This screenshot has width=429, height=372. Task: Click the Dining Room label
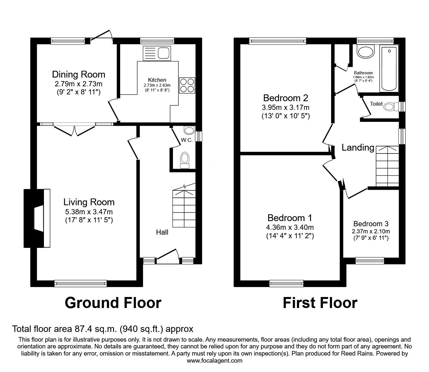click(x=78, y=74)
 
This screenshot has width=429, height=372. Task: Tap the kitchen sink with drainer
click(x=157, y=53)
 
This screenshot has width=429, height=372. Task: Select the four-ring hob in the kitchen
click(x=187, y=85)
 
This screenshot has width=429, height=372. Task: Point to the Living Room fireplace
click(x=37, y=218)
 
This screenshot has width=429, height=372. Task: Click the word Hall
click(x=162, y=232)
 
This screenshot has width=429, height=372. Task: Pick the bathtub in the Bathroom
click(x=389, y=69)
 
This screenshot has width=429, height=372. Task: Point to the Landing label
click(x=358, y=148)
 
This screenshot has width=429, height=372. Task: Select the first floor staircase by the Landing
click(x=388, y=166)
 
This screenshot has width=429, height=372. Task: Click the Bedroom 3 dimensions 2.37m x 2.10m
click(x=371, y=231)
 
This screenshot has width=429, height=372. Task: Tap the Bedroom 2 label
click(x=286, y=98)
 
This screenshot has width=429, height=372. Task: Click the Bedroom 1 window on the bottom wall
click(x=287, y=283)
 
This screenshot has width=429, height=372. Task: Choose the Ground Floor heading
click(x=113, y=303)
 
